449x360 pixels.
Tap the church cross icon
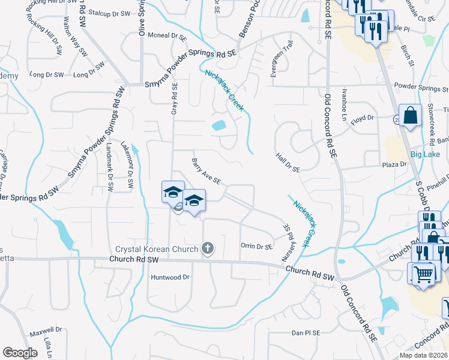point(208,248)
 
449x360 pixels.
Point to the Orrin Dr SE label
point(256,246)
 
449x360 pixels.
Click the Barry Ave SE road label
point(206,171)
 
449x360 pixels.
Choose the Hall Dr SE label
point(288,162)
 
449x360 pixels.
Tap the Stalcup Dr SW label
point(109,13)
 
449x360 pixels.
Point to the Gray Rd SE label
point(175,99)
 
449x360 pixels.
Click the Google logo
point(20,353)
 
